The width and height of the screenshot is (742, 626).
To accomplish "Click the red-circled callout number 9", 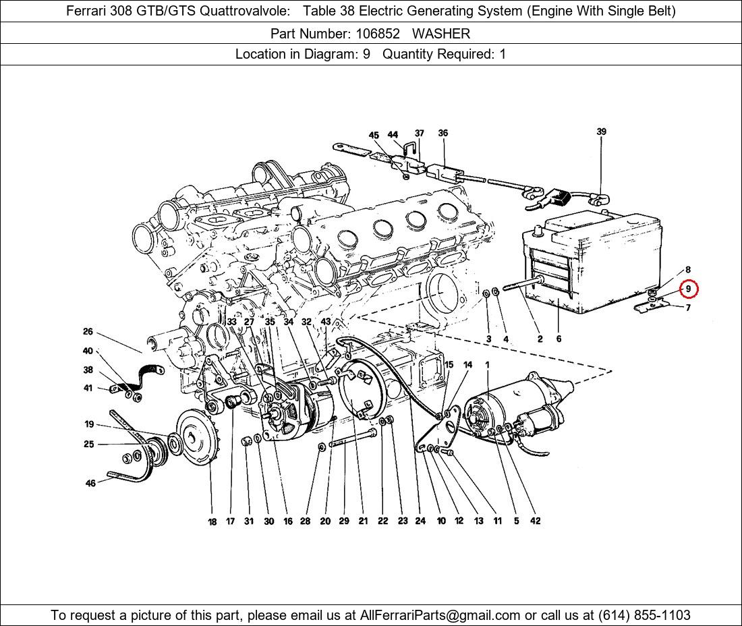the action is click(x=689, y=289).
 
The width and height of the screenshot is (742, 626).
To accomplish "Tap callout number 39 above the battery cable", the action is click(x=601, y=132).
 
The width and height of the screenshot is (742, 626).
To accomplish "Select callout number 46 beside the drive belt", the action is click(x=90, y=483).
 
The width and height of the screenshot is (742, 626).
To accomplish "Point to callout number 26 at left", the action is click(x=88, y=332).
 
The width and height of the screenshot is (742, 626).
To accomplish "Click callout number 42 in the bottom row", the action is click(x=535, y=521).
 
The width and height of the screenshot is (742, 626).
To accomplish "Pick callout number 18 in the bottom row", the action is click(x=212, y=521).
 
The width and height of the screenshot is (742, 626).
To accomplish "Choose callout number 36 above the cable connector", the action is click(x=443, y=133).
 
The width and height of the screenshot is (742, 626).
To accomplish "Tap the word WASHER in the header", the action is click(x=441, y=34).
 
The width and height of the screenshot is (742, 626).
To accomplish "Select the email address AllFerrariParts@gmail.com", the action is click(x=440, y=615).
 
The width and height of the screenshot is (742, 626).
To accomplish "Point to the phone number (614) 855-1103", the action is click(x=644, y=615).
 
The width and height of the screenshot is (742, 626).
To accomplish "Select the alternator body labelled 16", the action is click(x=298, y=409).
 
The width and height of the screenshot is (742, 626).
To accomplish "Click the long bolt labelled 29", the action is click(x=353, y=438).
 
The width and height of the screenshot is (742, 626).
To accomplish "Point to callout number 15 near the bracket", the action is click(x=449, y=364).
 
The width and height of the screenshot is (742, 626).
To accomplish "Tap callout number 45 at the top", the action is click(x=374, y=136).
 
